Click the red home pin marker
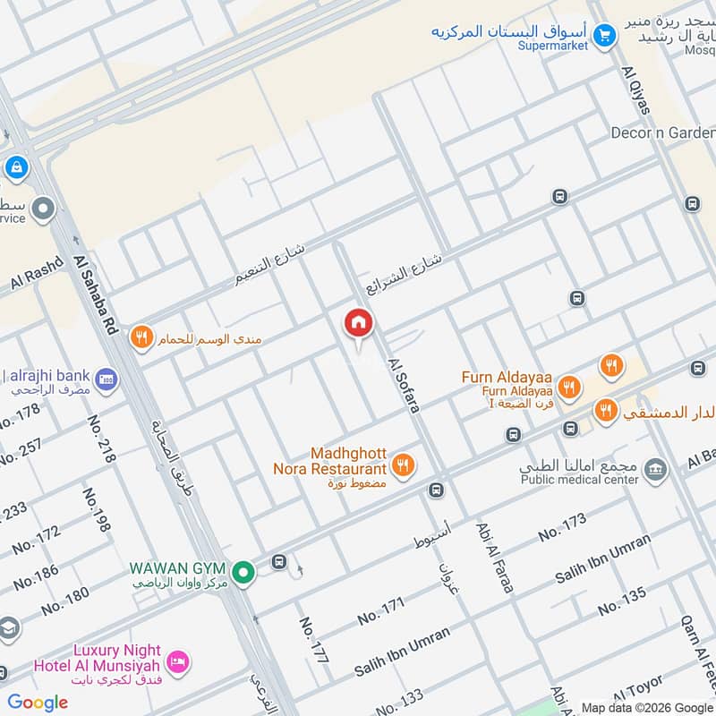[358, 324]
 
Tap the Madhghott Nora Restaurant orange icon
[403, 465]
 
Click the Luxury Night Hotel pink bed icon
[178, 661]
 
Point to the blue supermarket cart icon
[606, 36]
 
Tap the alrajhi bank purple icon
[106, 379]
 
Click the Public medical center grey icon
[656, 469]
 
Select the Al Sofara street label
[404, 386]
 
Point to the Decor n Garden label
[661, 132]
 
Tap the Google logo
[38, 703]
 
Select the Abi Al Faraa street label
[495, 557]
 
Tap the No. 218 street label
[101, 439]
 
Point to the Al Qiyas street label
[635, 89]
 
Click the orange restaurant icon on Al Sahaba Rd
[141, 337]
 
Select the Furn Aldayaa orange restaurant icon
[568, 388]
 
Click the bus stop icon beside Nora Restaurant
[436, 490]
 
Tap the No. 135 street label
[621, 601]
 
